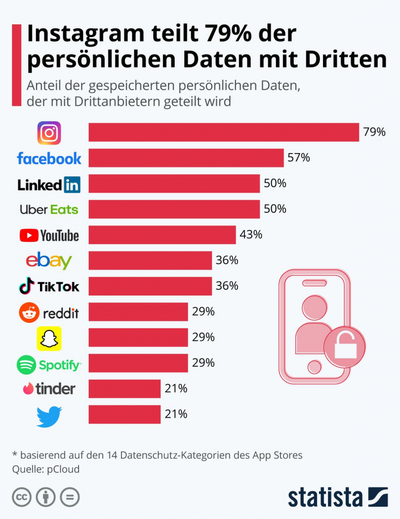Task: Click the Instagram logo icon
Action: coord(49,133)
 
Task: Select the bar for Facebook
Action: coord(186,158)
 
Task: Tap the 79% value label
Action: coord(374,132)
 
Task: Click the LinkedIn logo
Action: coord(49,184)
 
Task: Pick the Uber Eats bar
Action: coord(174,209)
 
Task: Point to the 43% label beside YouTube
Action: coord(251,235)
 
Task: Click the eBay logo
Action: coord(49,261)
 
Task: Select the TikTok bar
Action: coord(150,286)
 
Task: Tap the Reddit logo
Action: coord(49,313)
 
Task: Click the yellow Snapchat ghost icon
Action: coord(49,339)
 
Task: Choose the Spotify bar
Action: coord(138,363)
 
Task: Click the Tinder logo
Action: coord(49,389)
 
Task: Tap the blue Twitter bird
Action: coord(49,416)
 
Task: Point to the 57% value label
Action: coord(298,158)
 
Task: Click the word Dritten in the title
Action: coord(346,59)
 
